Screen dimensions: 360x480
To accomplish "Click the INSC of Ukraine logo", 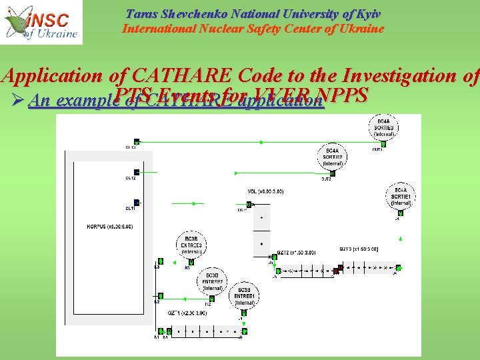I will [41, 22].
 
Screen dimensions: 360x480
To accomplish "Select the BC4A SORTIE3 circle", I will [383, 127].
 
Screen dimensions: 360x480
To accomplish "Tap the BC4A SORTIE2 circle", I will [331, 157].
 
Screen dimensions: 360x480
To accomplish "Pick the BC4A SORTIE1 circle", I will [401, 197].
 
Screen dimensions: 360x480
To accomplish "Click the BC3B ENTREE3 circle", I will [191, 244].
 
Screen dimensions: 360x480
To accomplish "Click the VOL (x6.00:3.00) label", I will [265, 191].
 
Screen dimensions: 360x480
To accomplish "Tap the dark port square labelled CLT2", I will [137, 172].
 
